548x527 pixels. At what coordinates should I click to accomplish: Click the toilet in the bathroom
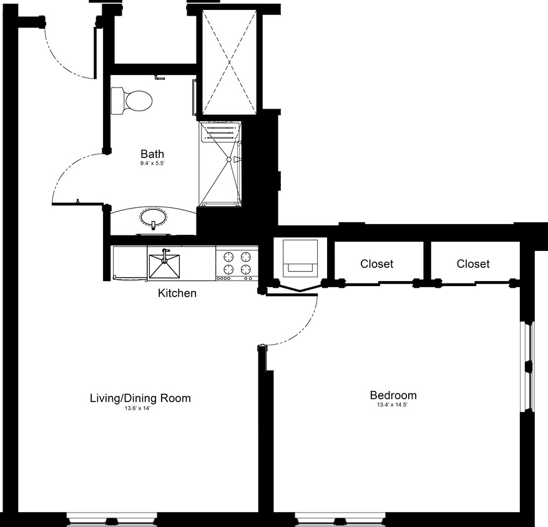[132, 101]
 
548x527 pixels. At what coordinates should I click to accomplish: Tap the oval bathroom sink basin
[153, 218]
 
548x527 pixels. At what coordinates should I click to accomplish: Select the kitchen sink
[164, 263]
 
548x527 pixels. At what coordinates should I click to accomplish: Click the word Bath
[152, 154]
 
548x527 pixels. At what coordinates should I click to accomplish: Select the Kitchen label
[177, 293]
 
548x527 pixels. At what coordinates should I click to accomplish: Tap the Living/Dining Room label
[140, 398]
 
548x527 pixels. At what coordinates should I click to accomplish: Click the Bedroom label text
[393, 395]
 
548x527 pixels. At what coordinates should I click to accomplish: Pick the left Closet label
[377, 263]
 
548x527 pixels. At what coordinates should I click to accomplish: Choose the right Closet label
[473, 263]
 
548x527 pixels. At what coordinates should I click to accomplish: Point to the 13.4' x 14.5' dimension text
[393, 405]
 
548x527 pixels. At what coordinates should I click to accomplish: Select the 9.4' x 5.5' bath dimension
[152, 164]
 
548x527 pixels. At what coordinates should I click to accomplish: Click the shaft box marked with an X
[228, 62]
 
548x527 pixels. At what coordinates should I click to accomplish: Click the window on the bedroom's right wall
[528, 367]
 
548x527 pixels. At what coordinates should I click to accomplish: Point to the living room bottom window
[112, 519]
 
